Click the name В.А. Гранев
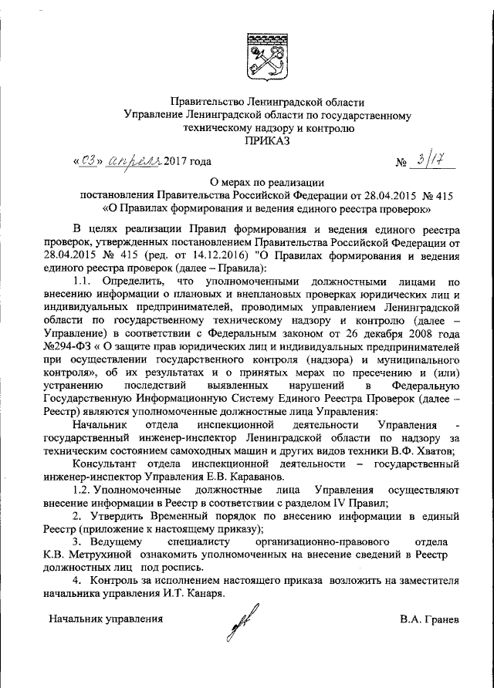point(428,619)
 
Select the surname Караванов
point(226,477)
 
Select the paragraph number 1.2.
point(83,491)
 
